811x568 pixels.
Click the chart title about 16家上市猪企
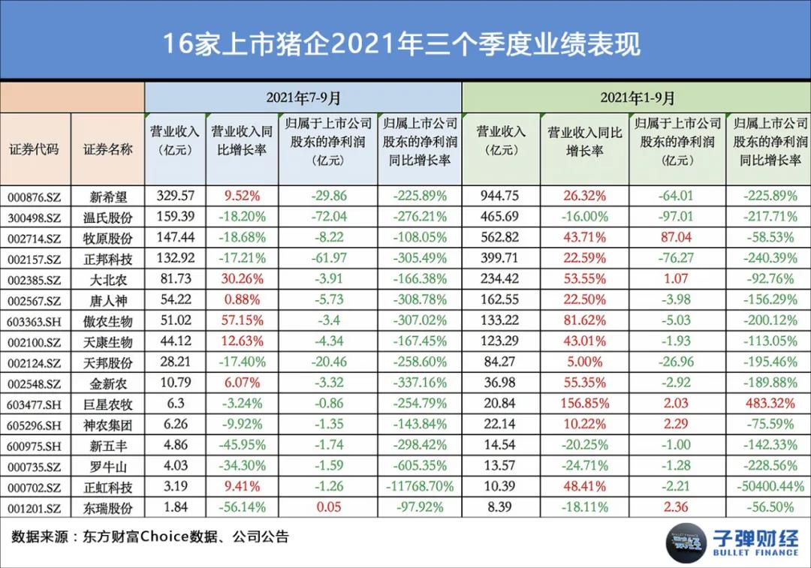tap(402, 43)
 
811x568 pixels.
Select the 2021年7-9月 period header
tap(303, 98)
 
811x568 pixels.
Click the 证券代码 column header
tap(34, 149)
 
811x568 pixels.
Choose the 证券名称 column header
tap(107, 149)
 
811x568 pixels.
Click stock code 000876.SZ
tap(34, 197)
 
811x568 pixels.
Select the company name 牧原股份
tap(107, 239)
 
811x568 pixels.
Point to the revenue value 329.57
tap(176, 197)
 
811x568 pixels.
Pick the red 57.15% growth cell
tap(242, 321)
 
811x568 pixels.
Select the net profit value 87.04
tap(677, 238)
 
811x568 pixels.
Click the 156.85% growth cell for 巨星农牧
tap(584, 404)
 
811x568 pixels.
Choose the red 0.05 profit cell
tap(328, 507)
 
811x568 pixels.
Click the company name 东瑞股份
tap(107, 508)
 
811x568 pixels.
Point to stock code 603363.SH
tap(34, 322)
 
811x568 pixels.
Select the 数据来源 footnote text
tap(150, 537)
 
